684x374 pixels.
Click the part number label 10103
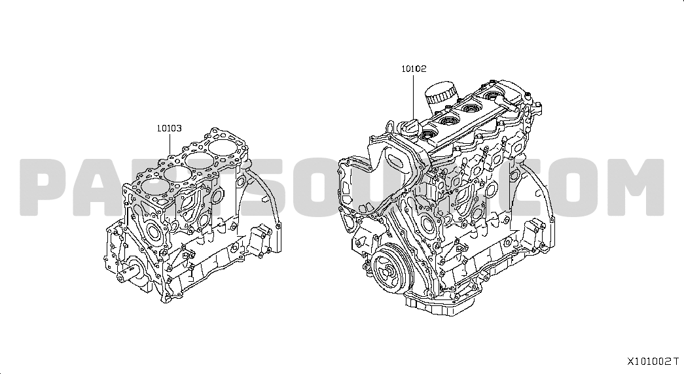click(170, 129)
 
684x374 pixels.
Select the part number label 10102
click(414, 69)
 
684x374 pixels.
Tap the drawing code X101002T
click(653, 362)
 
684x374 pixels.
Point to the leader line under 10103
click(170, 144)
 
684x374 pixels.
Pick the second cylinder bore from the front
click(175, 174)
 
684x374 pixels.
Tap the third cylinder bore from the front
click(198, 161)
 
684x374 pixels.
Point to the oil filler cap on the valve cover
click(410, 127)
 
